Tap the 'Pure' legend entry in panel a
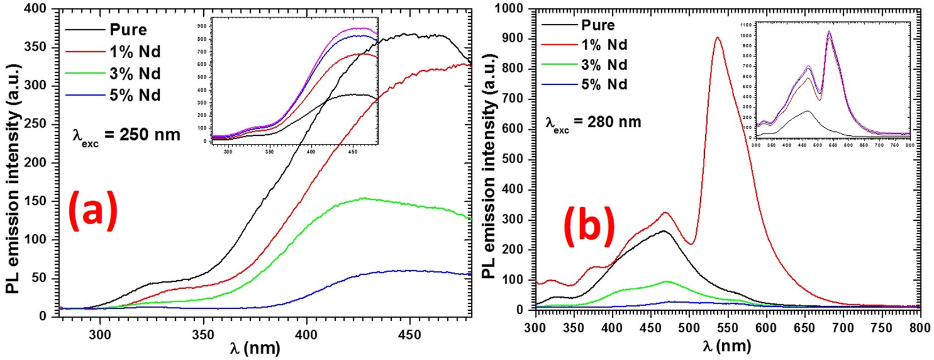pyautogui.click(x=128, y=29)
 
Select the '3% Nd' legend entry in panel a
pyautogui.click(x=135, y=74)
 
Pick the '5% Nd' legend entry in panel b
pyautogui.click(x=604, y=84)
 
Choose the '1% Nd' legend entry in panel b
pyautogui.click(x=604, y=45)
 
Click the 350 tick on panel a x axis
pyautogui.click(x=203, y=335)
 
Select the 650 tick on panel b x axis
pyautogui.click(x=804, y=328)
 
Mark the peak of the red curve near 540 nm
pyautogui.click(x=717, y=38)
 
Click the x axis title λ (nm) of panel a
pyautogui.click(x=255, y=349)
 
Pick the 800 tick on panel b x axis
pyautogui.click(x=920, y=328)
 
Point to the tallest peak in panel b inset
pyautogui.click(x=829, y=32)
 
